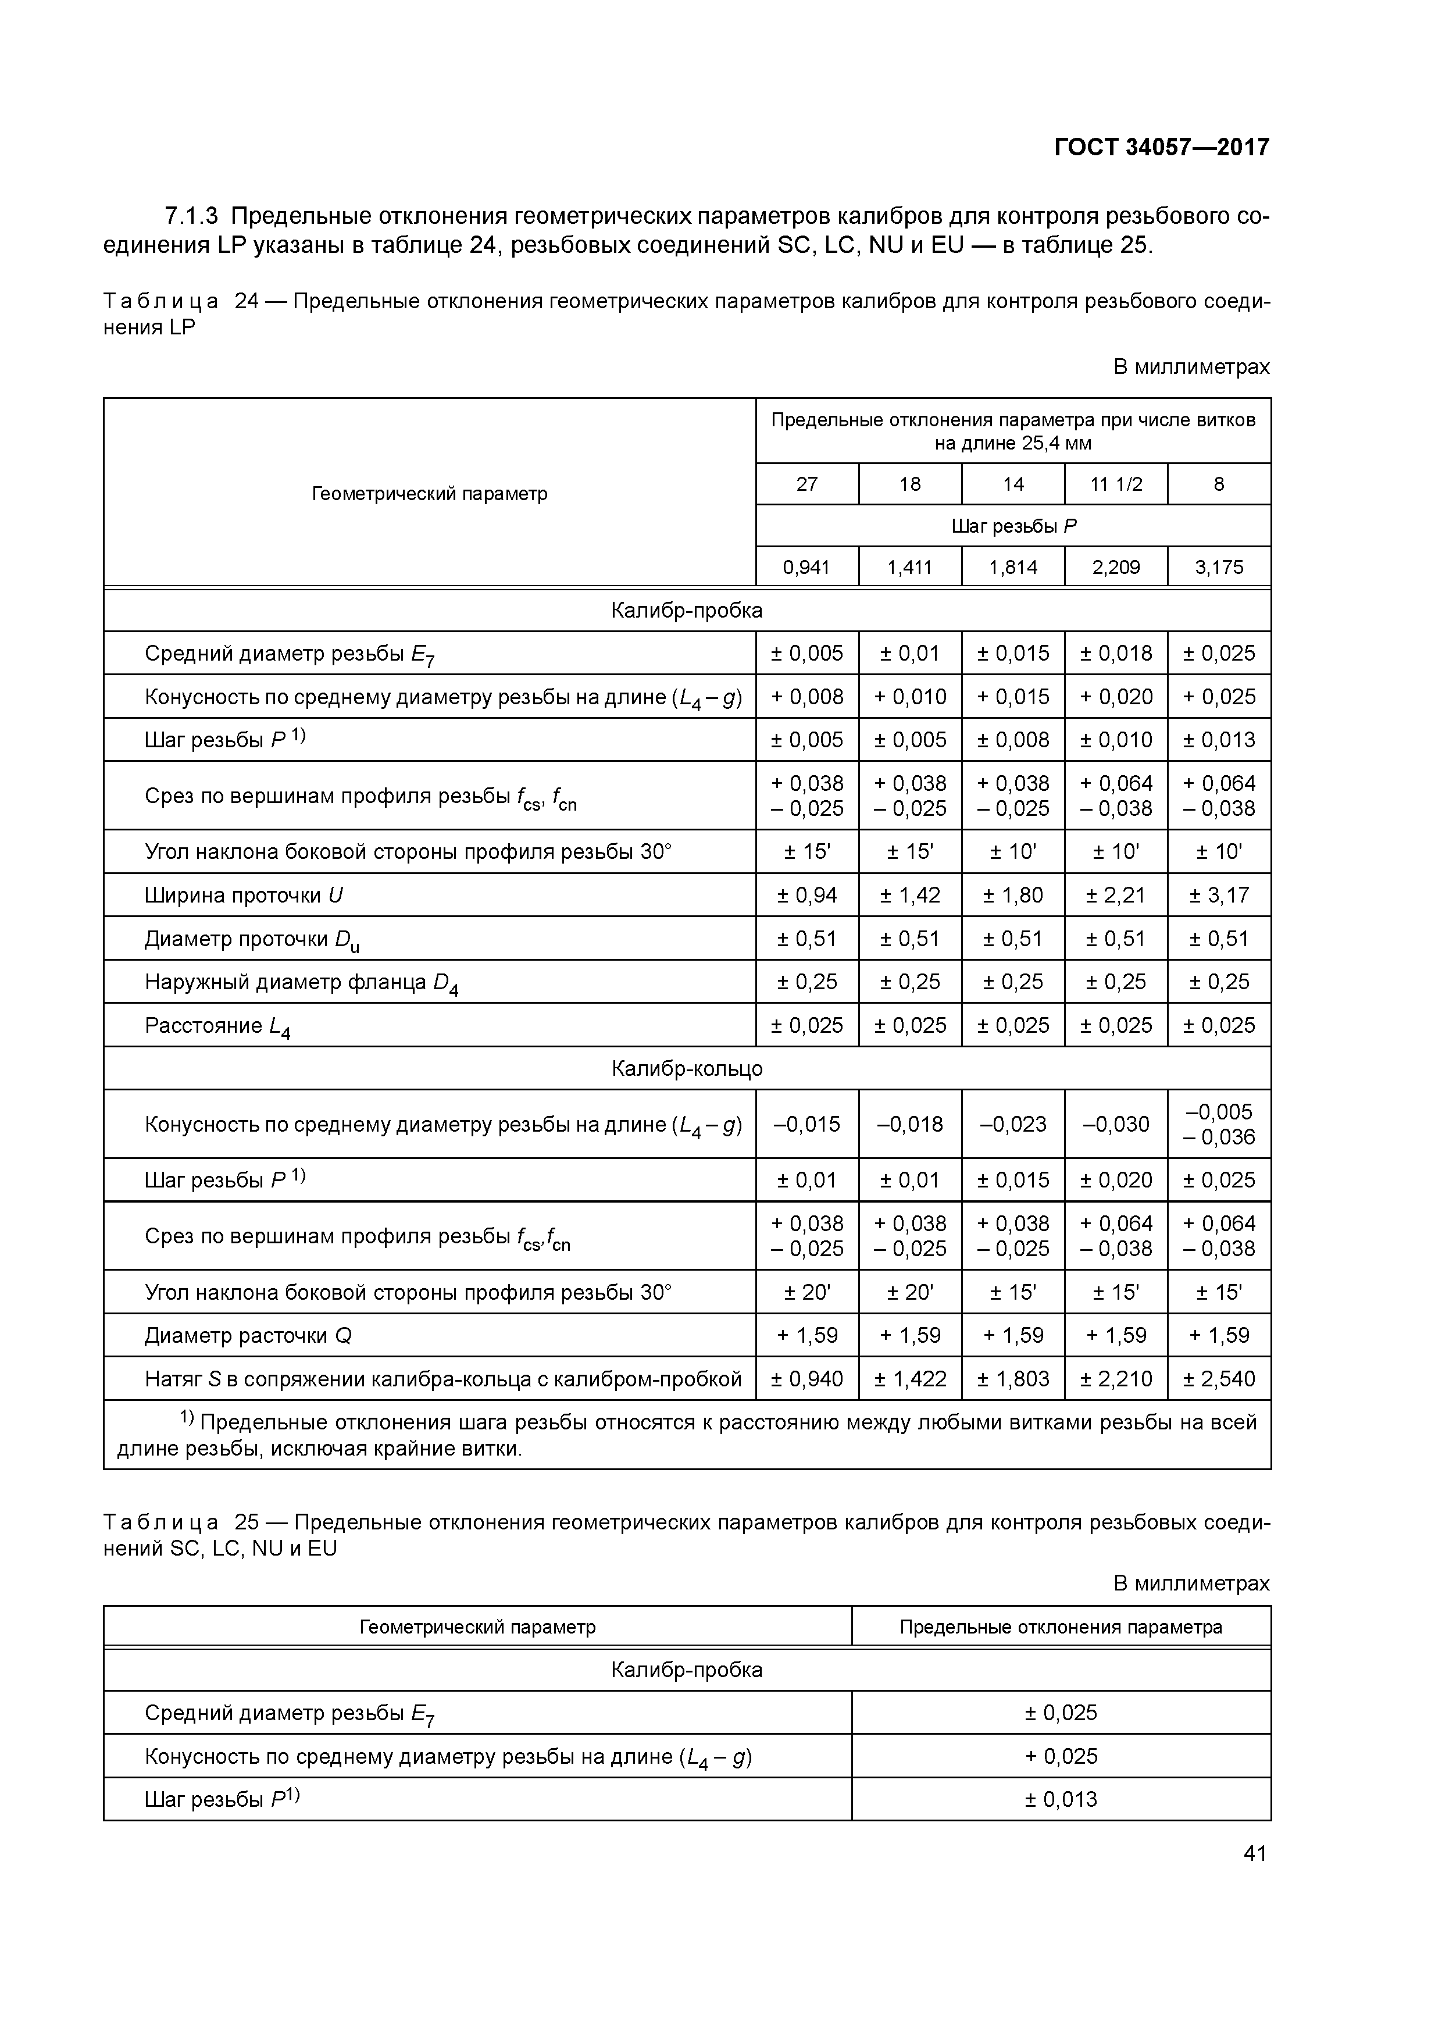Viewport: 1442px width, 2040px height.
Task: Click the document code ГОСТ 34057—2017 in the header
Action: coord(1161,147)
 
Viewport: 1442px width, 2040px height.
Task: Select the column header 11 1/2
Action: coord(1116,484)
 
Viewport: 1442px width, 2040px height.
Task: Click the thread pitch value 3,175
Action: coord(1219,567)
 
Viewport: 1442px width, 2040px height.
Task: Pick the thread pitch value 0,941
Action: coord(806,567)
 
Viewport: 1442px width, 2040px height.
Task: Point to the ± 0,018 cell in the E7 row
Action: coord(1116,653)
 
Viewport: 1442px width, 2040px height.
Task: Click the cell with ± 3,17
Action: coord(1219,895)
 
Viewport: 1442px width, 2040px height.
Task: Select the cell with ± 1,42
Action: coord(910,895)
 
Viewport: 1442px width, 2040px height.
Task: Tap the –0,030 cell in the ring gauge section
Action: coord(1116,1124)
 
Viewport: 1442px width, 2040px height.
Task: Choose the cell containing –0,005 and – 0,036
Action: coord(1219,1124)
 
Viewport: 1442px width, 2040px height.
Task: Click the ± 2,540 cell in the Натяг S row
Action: coord(1219,1379)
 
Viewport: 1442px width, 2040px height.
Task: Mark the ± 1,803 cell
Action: coord(1013,1379)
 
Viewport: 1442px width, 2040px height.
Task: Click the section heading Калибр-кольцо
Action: coord(687,1068)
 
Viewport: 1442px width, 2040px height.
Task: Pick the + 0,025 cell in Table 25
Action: coord(1061,1756)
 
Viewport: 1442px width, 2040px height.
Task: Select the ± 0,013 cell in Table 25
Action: coord(1061,1799)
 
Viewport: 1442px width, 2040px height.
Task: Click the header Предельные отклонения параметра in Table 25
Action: coord(1061,1627)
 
